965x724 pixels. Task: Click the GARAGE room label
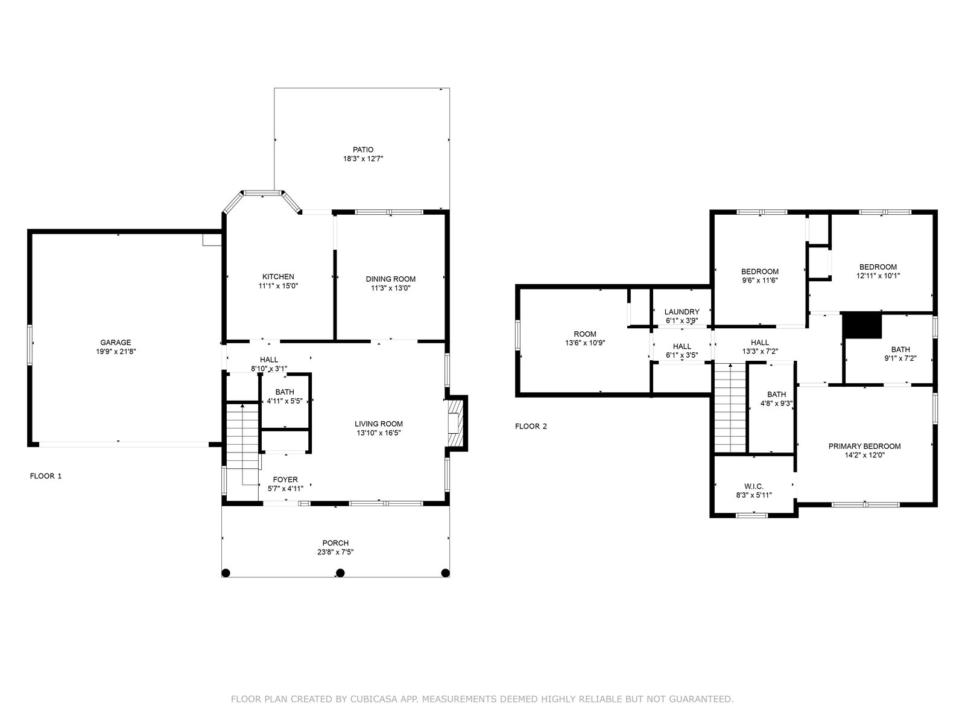[x=116, y=343]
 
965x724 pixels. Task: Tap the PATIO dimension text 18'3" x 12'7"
[x=363, y=159]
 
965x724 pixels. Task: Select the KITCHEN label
[x=278, y=276]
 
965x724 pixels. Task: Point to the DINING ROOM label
[x=390, y=279]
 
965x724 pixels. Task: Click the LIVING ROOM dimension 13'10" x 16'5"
[x=379, y=433]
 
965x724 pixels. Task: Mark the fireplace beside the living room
[x=455, y=423]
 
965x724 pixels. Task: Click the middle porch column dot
[x=340, y=573]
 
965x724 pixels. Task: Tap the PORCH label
[x=335, y=543]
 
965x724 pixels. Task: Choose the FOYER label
[x=285, y=480]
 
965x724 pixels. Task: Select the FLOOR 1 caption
[x=46, y=476]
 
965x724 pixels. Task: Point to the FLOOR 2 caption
[x=531, y=426]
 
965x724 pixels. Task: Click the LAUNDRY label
[x=682, y=312]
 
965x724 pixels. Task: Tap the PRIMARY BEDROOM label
[x=865, y=446]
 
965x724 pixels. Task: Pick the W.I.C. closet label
[x=754, y=486]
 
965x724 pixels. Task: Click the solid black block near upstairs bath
[x=862, y=325]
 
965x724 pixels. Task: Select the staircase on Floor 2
[x=730, y=408]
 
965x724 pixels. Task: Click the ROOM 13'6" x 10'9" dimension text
[x=585, y=343]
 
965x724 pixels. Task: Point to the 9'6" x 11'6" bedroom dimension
[x=760, y=281]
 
